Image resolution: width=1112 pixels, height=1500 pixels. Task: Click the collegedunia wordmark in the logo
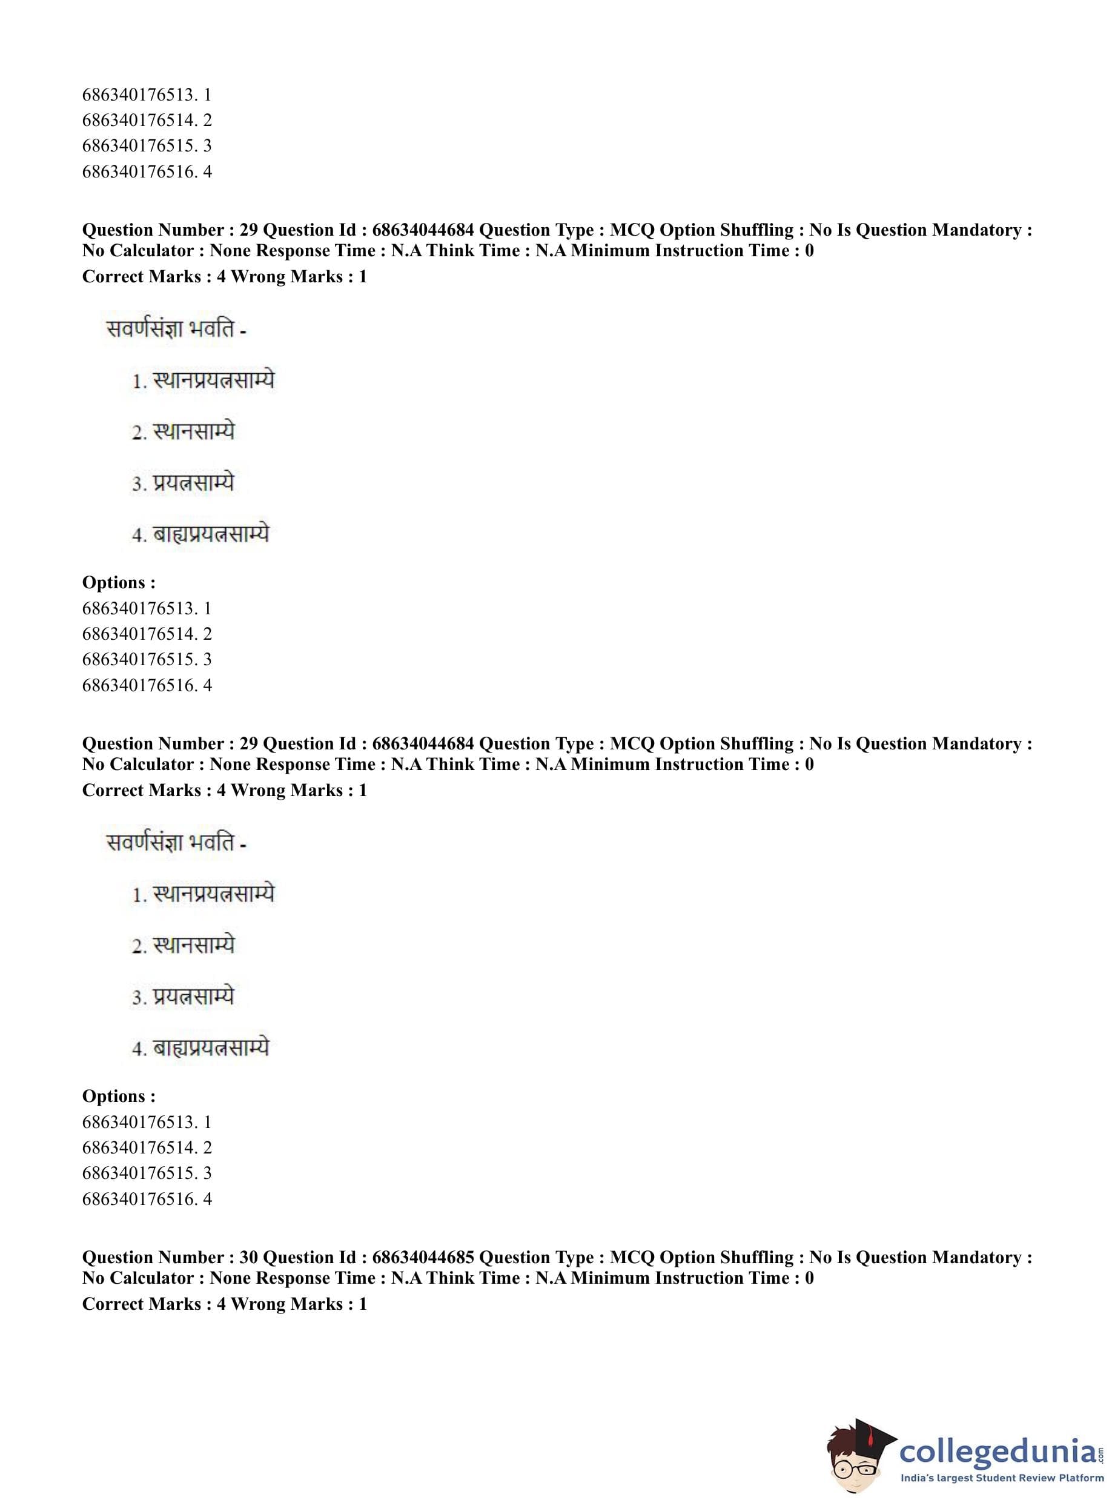pyautogui.click(x=998, y=1450)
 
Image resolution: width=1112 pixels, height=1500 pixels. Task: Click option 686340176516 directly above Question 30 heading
pyautogui.click(x=147, y=1199)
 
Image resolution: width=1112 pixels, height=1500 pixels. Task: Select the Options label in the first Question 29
pyautogui.click(x=119, y=582)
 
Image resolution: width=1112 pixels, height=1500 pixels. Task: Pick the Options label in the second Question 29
pyautogui.click(x=119, y=1096)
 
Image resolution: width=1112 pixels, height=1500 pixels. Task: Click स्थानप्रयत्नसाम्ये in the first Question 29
pyautogui.click(x=213, y=381)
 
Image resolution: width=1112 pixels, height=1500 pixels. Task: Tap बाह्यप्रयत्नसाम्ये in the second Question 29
pyautogui.click(x=211, y=1047)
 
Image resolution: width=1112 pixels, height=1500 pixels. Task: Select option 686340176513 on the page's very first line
pyautogui.click(x=147, y=95)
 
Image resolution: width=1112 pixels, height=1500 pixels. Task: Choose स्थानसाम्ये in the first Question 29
pyautogui.click(x=194, y=432)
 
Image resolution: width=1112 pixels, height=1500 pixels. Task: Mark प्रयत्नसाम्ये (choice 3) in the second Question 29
pyautogui.click(x=193, y=997)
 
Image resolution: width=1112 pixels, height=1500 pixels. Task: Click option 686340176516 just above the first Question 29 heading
pyautogui.click(x=147, y=171)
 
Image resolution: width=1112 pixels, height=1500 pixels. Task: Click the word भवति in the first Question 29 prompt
pyautogui.click(x=211, y=330)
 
